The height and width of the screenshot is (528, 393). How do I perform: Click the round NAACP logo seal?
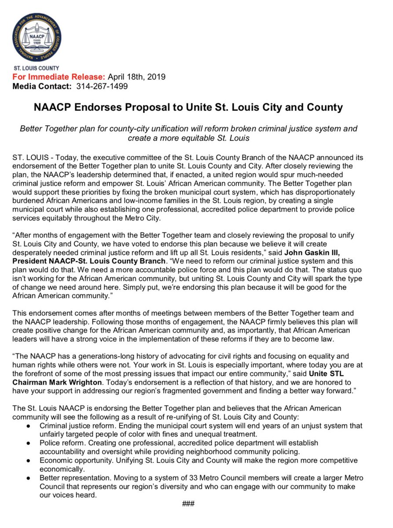37,37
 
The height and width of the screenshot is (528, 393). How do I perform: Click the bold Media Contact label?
41,86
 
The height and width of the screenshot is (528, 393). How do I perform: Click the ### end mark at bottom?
188,504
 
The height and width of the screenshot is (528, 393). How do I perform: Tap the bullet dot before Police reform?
28,442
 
